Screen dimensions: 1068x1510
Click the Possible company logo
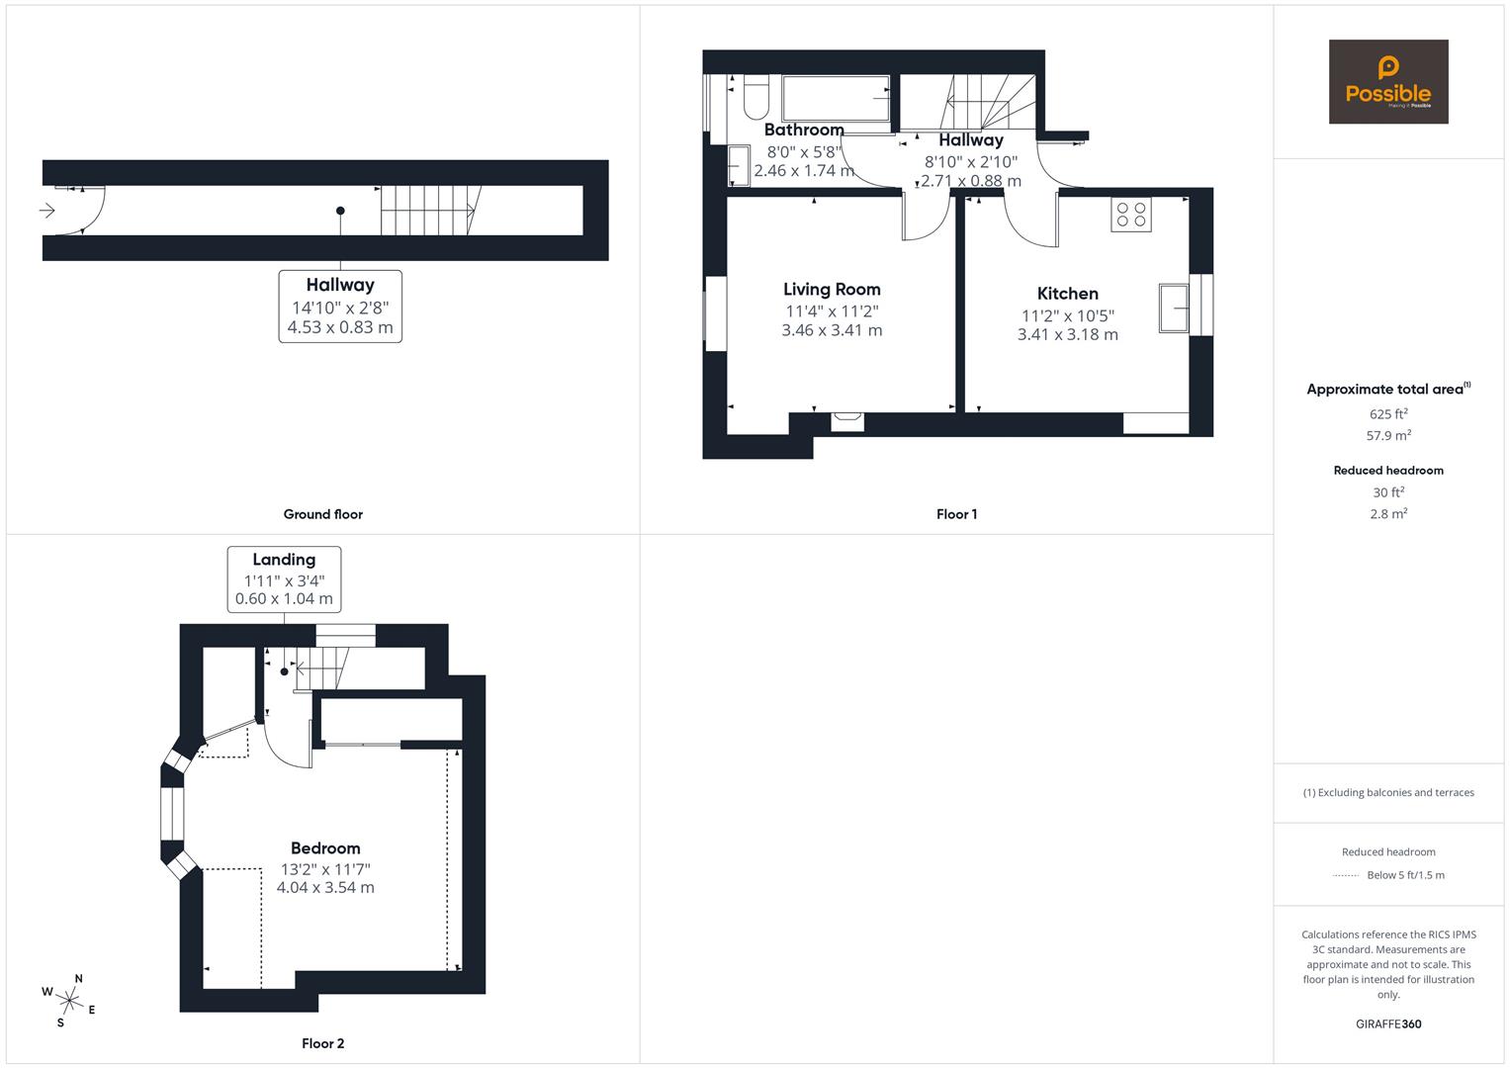click(1387, 81)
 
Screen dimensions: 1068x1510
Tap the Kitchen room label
click(1067, 294)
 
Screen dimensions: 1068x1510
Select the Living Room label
click(832, 290)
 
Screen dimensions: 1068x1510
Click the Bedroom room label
click(325, 848)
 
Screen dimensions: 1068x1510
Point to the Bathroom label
click(804, 130)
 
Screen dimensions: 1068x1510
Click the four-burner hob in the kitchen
click(1131, 215)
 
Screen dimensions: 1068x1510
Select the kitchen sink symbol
click(1174, 308)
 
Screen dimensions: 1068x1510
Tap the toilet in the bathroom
click(755, 97)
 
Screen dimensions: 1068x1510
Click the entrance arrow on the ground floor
click(46, 211)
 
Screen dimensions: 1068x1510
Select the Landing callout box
click(284, 578)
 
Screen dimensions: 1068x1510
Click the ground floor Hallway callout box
click(340, 307)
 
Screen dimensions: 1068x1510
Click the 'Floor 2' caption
click(323, 1043)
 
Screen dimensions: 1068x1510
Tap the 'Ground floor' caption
click(323, 514)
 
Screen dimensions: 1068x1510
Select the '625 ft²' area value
click(1388, 414)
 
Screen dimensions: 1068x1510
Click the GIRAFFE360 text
click(1388, 1023)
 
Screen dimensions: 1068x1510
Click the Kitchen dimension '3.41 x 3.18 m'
click(1067, 335)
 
